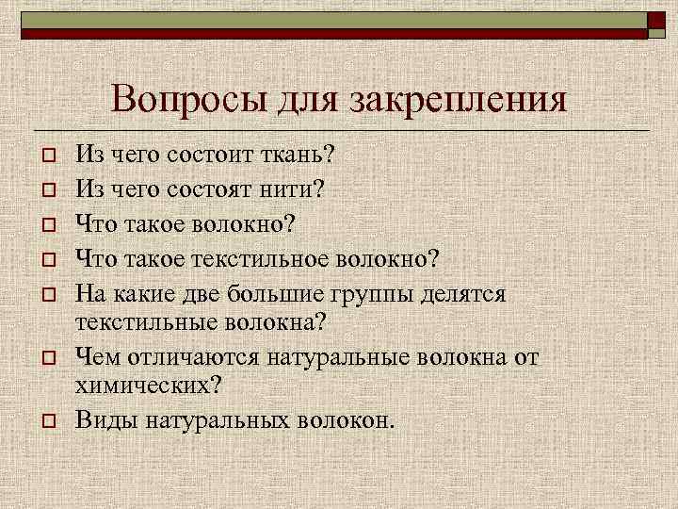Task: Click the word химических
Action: click(147, 385)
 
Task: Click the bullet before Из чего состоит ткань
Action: click(45, 154)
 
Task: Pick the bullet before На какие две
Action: click(45, 294)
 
